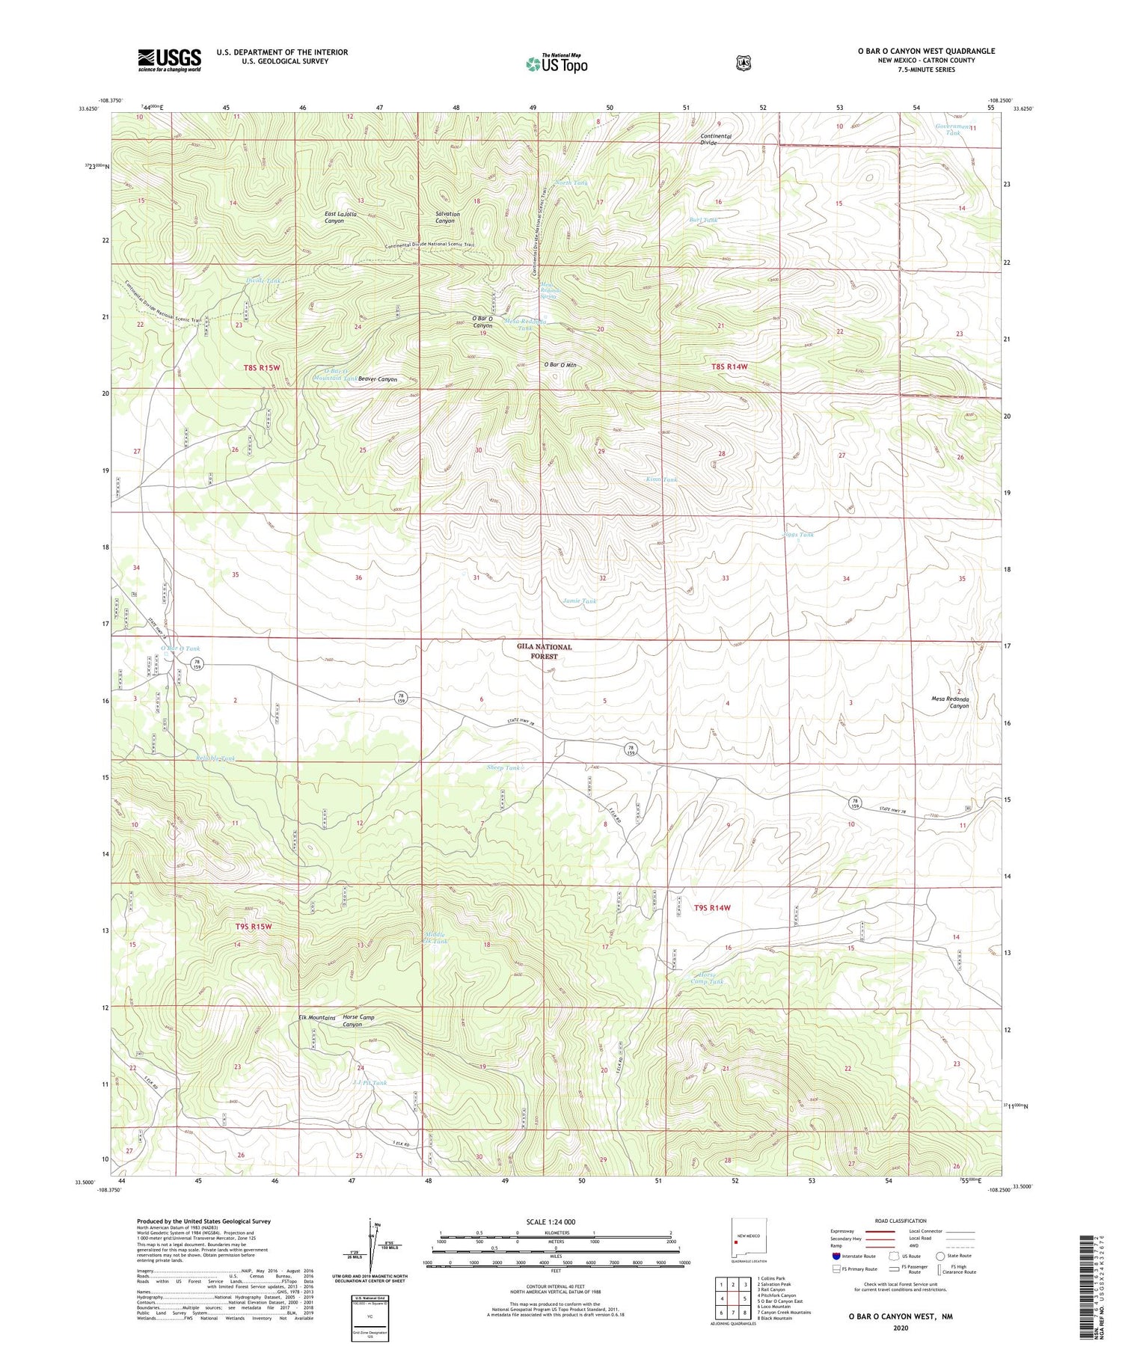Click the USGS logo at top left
point(169,60)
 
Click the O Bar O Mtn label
point(560,365)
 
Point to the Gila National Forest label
point(544,651)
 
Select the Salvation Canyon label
point(447,218)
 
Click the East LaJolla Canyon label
point(340,218)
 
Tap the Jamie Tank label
point(579,601)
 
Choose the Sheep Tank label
point(503,768)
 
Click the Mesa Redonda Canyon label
point(949,702)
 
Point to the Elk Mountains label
point(316,1018)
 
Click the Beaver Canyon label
point(377,379)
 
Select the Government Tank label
point(952,129)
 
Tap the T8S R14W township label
point(729,367)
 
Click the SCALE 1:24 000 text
point(551,1222)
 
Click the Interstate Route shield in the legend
point(836,1256)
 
